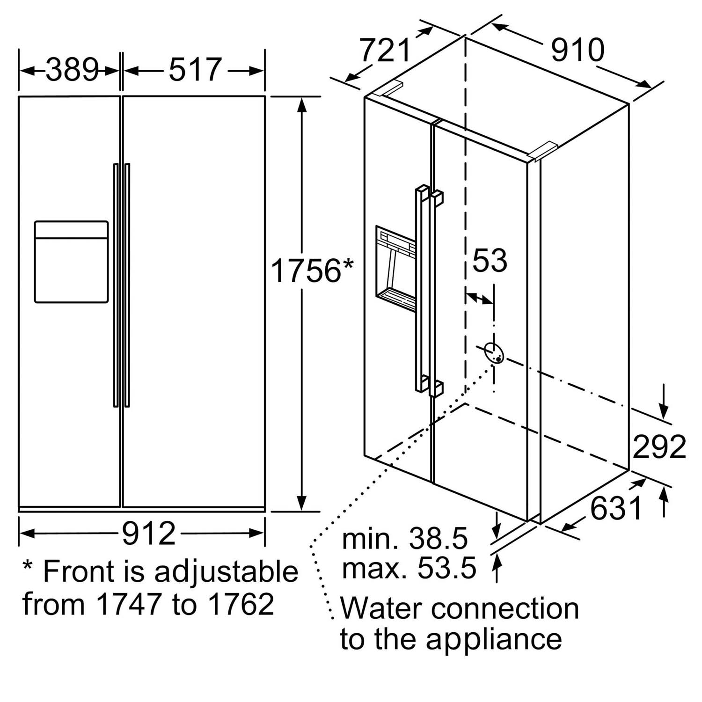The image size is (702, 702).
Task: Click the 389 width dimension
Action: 72,70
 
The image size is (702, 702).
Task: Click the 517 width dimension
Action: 195,70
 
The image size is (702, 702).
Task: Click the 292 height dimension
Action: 659,446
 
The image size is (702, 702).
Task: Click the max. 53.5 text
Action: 409,568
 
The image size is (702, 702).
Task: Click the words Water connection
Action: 459,608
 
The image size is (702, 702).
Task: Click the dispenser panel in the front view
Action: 71,262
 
